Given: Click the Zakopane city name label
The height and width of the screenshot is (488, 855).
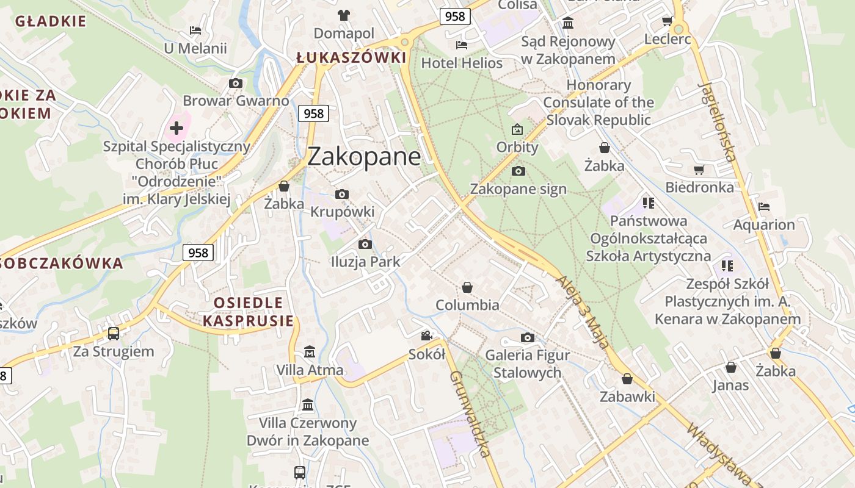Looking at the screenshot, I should point(364,157).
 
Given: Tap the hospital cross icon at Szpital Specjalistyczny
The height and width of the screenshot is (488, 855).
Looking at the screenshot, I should point(176,128).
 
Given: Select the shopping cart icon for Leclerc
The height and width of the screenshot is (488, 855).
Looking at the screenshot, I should point(668,21).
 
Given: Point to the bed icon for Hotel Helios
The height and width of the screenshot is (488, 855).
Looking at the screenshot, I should point(462,45).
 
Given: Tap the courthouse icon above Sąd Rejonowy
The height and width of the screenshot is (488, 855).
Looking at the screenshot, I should point(568,24).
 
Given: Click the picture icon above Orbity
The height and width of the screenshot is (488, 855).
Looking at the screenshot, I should point(517,129).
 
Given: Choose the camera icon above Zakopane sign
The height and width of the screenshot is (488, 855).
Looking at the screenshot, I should point(518,171).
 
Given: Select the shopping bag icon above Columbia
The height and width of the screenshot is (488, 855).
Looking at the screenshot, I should point(467,287).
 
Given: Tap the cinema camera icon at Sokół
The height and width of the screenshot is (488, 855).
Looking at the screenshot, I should point(426,336).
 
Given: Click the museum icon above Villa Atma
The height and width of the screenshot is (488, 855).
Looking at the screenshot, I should point(310,352).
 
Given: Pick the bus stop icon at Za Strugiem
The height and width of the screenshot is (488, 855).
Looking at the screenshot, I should point(114,334).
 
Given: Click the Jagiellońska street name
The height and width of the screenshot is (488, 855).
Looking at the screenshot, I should point(716,121).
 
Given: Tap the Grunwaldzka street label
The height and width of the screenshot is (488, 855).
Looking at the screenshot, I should point(470,414).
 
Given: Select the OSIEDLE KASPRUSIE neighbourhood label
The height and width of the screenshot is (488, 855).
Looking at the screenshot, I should point(248,312).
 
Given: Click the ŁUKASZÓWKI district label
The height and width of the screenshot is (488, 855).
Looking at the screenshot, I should point(351,58).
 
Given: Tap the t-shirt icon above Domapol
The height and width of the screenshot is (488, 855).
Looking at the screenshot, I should point(344,15).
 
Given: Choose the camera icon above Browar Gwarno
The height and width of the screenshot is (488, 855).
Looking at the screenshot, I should point(236,84).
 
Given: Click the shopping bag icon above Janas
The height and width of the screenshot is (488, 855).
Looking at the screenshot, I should point(730,367).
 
